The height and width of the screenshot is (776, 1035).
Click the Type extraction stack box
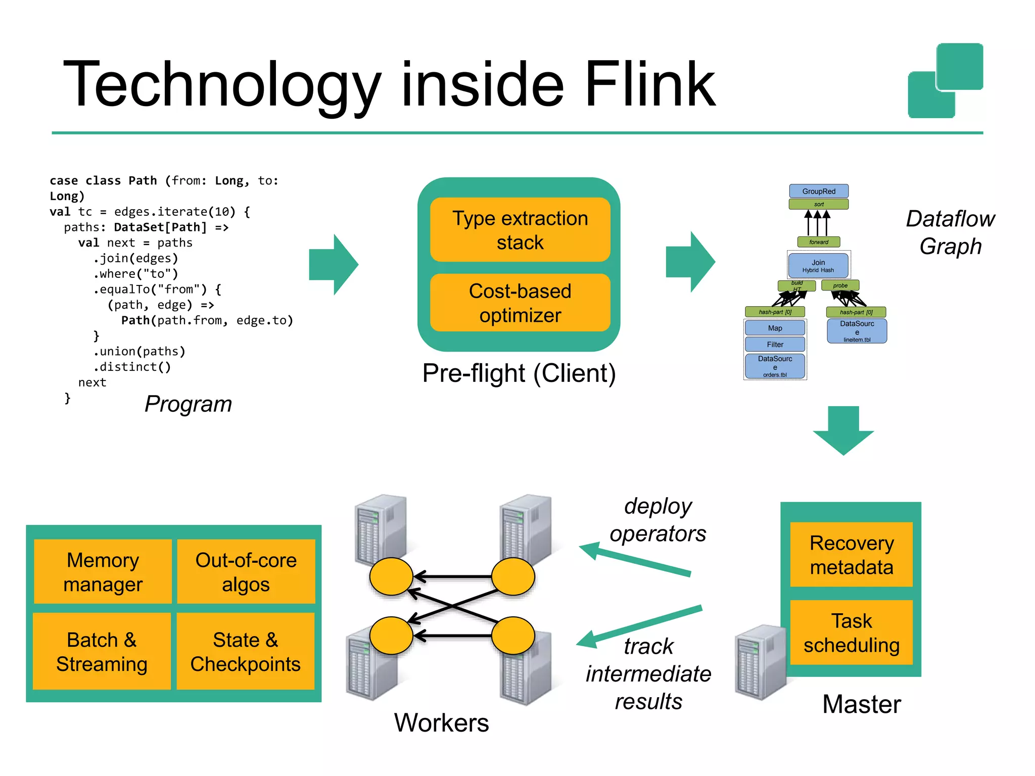520,230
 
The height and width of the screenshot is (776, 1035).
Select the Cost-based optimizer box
520,303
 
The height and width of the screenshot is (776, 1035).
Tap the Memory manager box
103,571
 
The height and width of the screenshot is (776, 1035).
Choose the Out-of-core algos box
246,571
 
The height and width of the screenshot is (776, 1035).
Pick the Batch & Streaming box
102,651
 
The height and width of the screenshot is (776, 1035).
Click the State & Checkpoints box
246,651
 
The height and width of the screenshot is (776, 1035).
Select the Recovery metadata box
852,554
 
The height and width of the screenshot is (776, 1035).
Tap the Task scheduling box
852,633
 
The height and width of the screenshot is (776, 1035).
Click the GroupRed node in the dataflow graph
819,191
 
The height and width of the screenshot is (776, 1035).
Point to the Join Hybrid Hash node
818,266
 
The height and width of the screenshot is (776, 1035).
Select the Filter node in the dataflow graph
775,344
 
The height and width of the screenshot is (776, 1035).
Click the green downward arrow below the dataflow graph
843,430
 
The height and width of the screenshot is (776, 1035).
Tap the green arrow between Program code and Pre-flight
334,264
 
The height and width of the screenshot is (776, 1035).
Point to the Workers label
441,722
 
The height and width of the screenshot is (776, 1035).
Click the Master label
861,704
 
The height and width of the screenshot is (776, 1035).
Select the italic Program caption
188,404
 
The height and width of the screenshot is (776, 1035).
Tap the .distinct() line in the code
132,367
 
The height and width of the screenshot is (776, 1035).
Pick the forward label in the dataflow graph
819,242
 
